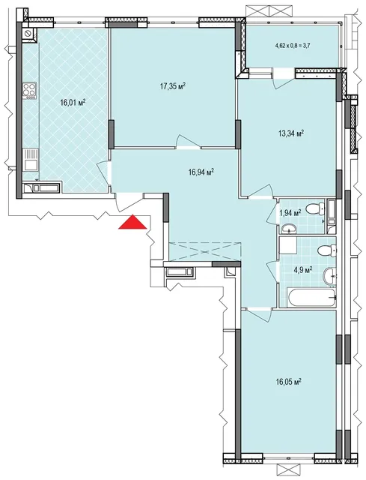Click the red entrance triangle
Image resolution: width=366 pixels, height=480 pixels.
point(133,223)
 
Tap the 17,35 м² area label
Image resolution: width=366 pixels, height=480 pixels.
point(173,87)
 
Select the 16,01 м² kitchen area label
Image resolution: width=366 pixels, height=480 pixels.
point(73,102)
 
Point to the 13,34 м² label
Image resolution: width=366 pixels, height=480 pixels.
point(291,133)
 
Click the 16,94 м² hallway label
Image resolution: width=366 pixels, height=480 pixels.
point(201,172)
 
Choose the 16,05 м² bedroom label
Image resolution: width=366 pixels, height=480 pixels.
point(289,382)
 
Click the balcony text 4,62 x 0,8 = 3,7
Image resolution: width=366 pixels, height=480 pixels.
point(293,46)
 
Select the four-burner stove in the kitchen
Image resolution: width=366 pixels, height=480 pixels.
point(30,91)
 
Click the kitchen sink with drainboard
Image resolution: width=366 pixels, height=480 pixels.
point(31,159)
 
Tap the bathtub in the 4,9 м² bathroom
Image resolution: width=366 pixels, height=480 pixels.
point(311,296)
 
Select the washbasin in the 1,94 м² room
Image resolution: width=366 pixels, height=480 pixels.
point(288,228)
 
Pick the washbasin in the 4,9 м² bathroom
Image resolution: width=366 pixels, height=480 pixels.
point(329,276)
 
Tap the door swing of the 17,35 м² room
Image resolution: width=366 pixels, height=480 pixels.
point(189,142)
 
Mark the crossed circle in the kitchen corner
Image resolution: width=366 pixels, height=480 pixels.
point(29,33)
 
